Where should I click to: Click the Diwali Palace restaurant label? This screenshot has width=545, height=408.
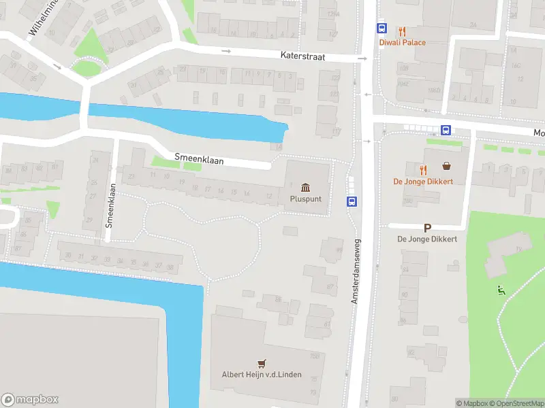(402, 43)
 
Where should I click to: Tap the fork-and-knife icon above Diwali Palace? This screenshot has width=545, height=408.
(402, 31)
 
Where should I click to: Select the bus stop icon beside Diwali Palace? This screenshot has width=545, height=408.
(381, 29)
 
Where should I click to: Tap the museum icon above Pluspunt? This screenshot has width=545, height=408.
(305, 188)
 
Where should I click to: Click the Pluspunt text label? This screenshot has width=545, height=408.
(305, 200)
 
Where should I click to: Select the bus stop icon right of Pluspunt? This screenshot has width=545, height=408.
(352, 201)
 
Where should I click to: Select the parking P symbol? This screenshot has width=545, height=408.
(427, 228)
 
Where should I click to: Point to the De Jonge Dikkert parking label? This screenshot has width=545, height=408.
(427, 239)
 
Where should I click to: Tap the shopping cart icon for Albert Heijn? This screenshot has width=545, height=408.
(260, 363)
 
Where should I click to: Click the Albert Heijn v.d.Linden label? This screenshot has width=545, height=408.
(262, 375)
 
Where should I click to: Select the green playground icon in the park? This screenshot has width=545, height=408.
(501, 290)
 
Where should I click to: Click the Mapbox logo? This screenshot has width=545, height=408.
(30, 400)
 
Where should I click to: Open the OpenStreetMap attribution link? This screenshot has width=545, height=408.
(516, 403)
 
